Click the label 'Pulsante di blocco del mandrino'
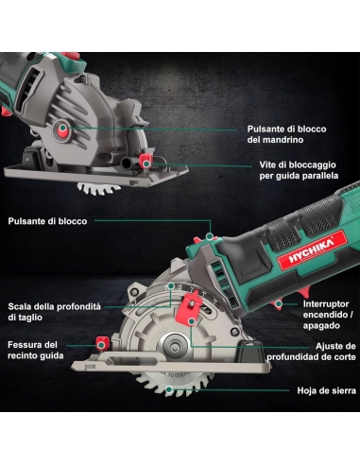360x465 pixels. [286, 134]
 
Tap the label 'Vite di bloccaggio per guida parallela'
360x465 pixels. [299, 170]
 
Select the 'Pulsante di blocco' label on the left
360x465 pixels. [47, 221]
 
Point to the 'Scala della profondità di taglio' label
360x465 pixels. [55, 312]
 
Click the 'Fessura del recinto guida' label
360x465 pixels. [36, 350]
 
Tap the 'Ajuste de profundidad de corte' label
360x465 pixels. [311, 352]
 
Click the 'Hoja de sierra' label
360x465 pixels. [327, 390]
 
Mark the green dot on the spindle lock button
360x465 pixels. [62, 128]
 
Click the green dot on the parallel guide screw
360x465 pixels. [146, 164]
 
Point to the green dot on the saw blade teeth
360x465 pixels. [169, 389]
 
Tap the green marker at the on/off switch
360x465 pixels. [278, 304]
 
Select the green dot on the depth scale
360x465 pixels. [171, 286]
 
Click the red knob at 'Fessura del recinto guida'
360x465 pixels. [102, 343]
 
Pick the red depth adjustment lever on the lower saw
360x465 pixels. [190, 310]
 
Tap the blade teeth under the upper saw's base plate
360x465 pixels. [98, 188]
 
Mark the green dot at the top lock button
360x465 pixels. [210, 236]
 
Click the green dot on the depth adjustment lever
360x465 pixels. [191, 321]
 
